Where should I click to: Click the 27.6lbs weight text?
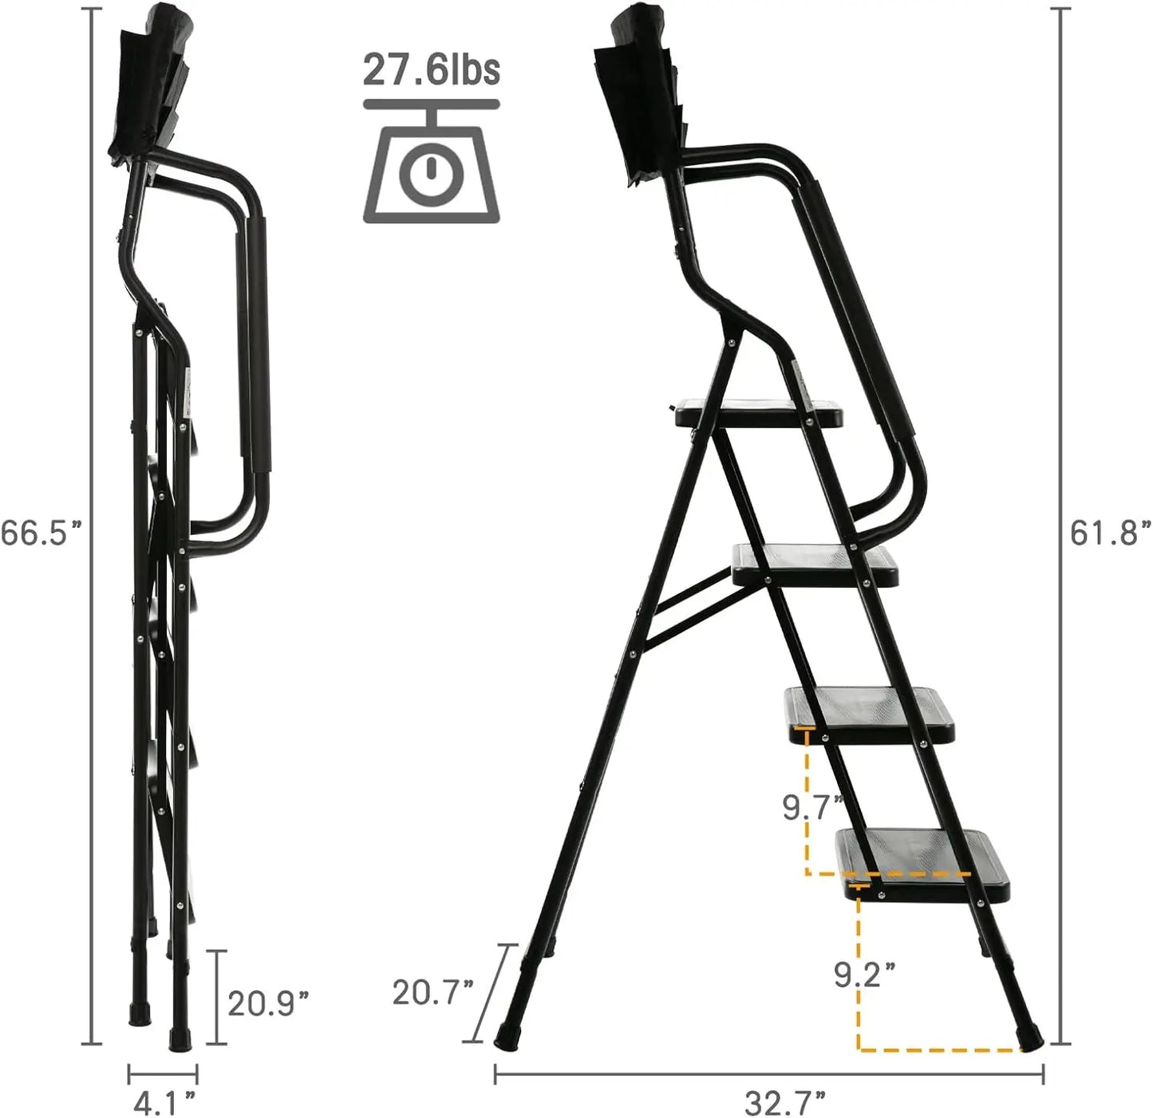(431, 69)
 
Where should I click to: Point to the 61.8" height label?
(1110, 532)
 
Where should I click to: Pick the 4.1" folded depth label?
(164, 1103)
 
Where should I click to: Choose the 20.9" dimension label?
(267, 1002)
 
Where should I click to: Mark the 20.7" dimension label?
(432, 992)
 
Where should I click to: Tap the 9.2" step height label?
(864, 974)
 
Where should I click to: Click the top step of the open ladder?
(758, 414)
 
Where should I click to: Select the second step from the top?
(814, 563)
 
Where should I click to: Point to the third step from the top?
(870, 712)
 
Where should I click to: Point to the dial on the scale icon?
(431, 171)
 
